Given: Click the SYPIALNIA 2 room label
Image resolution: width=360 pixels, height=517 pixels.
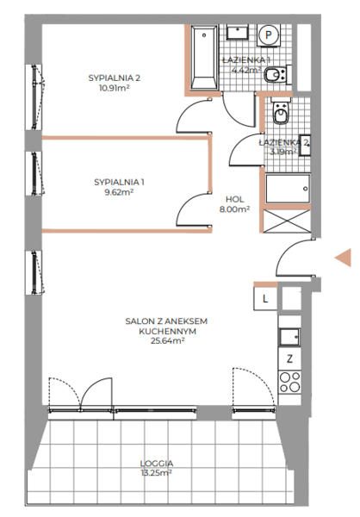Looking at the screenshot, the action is (x=114, y=78).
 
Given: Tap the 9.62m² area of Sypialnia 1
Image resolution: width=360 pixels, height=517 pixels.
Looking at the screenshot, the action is (x=119, y=192).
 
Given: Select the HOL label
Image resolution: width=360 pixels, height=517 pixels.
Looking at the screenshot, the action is (x=235, y=199).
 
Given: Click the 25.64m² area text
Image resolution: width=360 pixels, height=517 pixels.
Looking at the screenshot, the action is (x=167, y=341).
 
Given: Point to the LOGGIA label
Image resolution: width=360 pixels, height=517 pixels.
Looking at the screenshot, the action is (x=157, y=464).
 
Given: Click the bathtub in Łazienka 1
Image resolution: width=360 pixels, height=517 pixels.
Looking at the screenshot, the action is (x=204, y=58).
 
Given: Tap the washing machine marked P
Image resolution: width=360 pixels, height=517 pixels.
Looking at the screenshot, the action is (x=269, y=34).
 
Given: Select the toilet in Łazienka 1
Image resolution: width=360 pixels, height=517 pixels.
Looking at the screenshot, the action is (x=277, y=74).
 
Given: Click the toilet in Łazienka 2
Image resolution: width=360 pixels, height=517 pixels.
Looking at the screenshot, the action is (x=281, y=111).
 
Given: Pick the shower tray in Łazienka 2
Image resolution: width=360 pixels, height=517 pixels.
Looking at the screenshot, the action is (x=288, y=189).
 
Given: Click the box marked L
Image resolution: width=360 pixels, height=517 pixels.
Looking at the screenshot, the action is (x=265, y=299).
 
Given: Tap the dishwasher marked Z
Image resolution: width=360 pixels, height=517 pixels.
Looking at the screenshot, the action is (x=289, y=358).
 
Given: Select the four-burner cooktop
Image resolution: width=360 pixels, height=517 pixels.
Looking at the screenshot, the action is (x=289, y=383).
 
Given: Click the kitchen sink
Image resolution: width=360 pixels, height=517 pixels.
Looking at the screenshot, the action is (x=289, y=337).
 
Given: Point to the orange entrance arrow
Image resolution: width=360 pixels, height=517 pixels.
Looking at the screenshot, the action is (x=343, y=257).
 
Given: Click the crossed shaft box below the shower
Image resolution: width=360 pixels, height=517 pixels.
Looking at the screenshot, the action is (x=287, y=221).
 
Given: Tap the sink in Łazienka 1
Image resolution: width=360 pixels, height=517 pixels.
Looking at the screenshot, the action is (x=237, y=33).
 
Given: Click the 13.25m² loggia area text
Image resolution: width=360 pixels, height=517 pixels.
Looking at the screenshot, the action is (x=157, y=473).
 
